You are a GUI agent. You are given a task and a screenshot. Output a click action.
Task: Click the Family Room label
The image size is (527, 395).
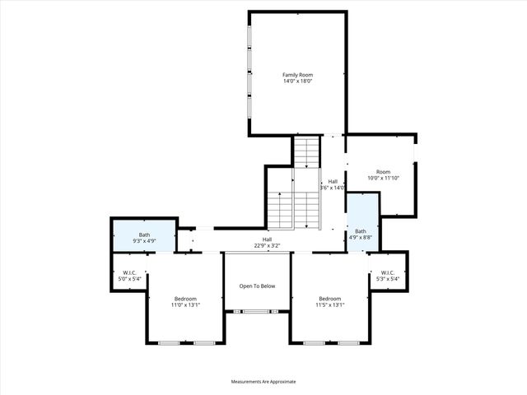297,75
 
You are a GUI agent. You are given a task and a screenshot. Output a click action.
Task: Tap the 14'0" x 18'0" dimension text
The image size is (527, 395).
297,81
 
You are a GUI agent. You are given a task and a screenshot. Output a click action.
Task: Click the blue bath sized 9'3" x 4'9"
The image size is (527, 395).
144,238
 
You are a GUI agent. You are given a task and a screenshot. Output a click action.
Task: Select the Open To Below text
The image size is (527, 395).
257,286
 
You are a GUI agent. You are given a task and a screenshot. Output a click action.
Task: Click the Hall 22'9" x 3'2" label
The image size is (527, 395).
268,241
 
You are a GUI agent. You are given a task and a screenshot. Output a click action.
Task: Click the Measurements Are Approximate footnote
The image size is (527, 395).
263,382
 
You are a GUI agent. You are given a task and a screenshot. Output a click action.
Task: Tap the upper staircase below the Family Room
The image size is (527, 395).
307,152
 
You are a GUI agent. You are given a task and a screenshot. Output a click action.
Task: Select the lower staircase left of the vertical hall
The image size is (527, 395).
280,210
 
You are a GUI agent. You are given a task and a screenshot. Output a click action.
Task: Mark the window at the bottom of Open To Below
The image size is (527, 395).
256,311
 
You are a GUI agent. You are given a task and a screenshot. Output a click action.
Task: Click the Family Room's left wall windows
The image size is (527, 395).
250,74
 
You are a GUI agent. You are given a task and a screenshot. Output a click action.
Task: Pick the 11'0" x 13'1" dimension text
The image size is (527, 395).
185,305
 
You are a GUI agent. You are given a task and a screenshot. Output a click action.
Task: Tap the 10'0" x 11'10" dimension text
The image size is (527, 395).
383,178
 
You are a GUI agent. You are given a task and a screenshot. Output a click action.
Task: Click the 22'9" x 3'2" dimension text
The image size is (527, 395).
268,245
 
